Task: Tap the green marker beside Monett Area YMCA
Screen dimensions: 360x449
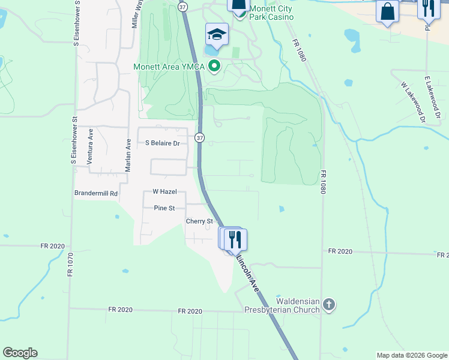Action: click(214, 67)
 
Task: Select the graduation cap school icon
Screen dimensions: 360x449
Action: click(217, 35)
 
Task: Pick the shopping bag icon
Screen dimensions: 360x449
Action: click(387, 11)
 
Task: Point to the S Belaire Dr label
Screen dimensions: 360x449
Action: click(163, 143)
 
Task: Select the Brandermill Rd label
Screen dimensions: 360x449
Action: click(96, 194)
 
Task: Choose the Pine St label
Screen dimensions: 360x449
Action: click(164, 208)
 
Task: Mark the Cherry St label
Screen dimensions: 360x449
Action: click(199, 221)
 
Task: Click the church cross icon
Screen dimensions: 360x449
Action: click(328, 305)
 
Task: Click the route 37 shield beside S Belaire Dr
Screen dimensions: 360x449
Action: click(200, 138)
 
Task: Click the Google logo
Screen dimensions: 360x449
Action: click(20, 353)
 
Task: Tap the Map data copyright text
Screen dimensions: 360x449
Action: click(411, 355)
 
